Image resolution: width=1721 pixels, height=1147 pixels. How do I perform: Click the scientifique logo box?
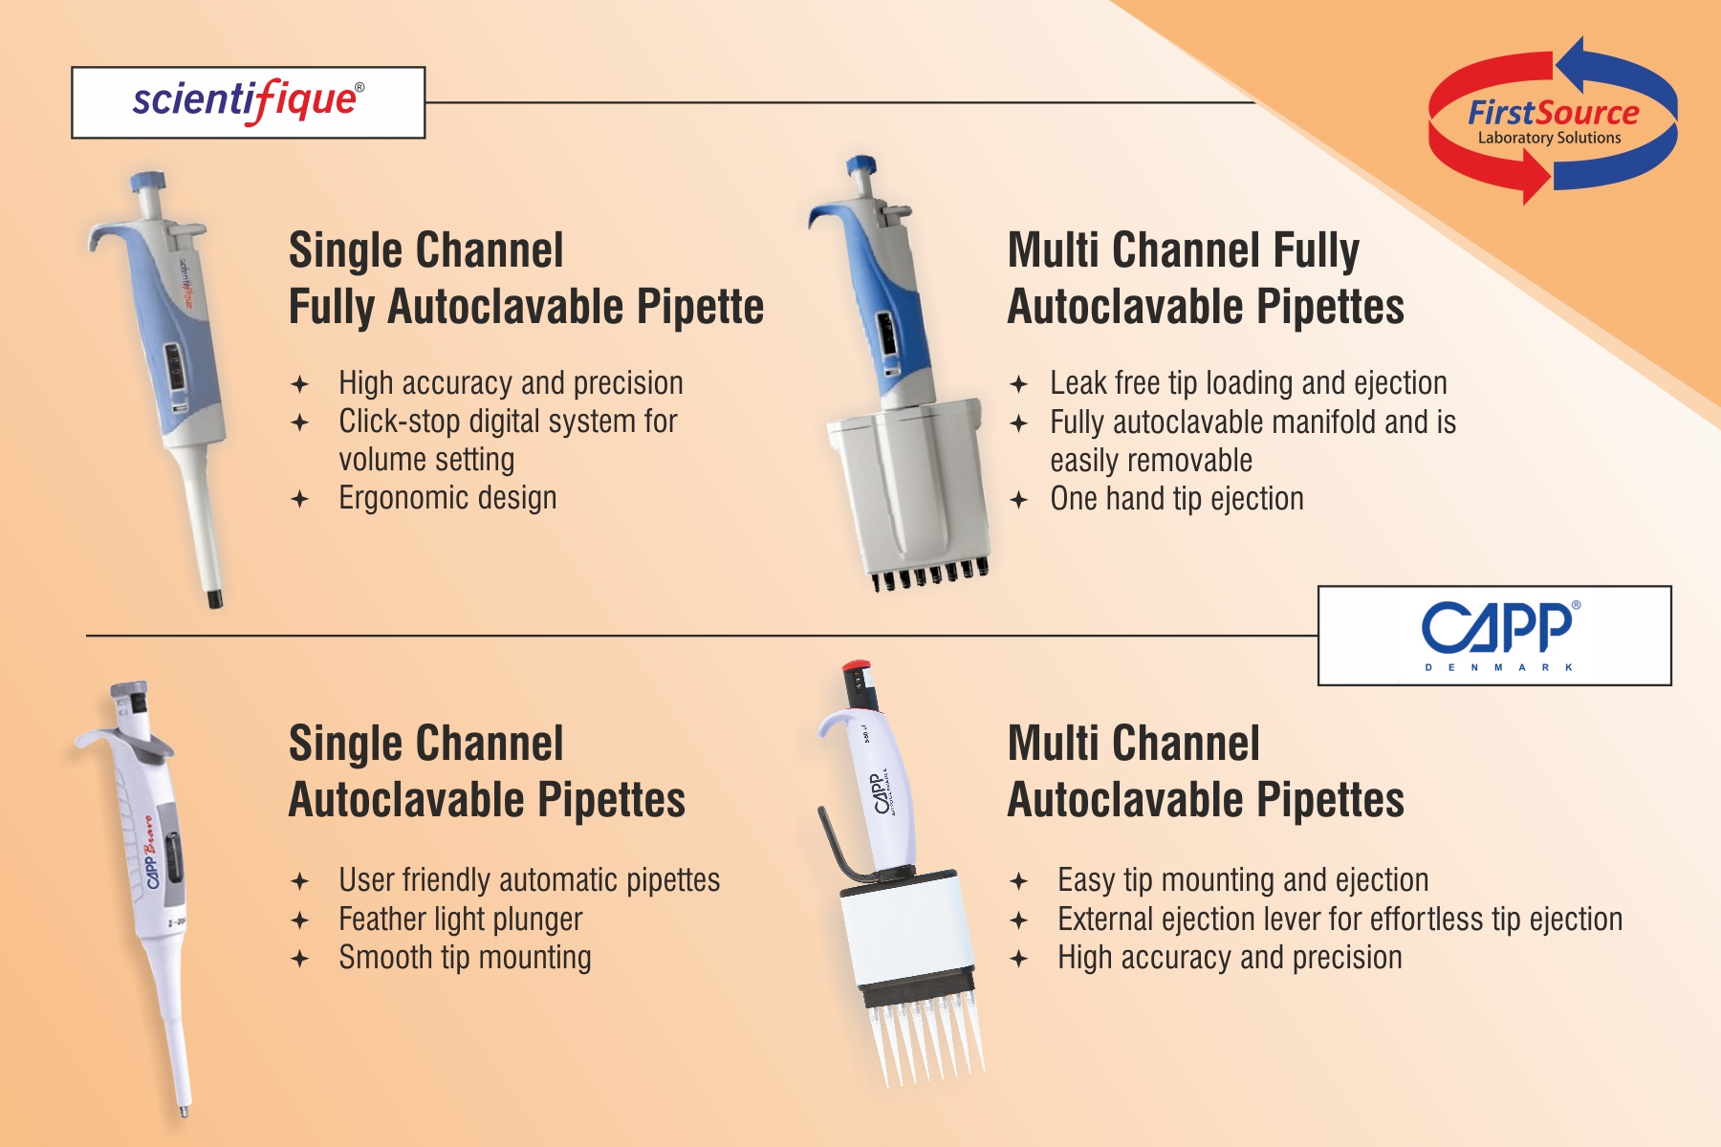tap(248, 102)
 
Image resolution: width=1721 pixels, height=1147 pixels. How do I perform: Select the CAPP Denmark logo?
tap(1494, 636)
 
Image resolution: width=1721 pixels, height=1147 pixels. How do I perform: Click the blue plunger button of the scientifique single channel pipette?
tap(148, 181)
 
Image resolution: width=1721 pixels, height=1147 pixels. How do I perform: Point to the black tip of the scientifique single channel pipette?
tap(215, 599)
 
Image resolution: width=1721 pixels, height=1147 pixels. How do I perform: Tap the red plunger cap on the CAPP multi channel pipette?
tap(855, 665)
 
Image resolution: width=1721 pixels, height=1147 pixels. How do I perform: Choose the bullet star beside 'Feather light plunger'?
tap(300, 920)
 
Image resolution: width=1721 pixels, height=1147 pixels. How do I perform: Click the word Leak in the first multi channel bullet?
tap(1078, 383)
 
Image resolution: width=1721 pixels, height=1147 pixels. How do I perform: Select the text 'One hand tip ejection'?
tap(1176, 499)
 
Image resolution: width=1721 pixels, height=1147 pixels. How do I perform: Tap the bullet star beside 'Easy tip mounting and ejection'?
tap(1019, 880)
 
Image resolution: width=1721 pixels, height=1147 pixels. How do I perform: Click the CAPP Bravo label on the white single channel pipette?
tap(150, 852)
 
